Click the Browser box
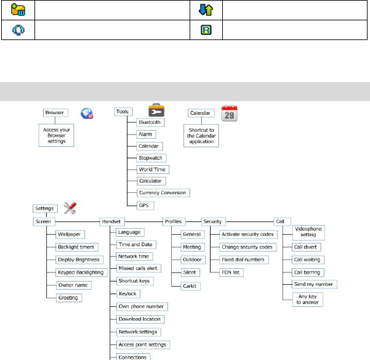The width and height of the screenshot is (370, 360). [54, 113]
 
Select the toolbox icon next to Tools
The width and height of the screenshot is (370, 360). [156, 110]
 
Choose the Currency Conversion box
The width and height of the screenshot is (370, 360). [164, 192]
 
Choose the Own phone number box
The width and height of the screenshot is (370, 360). [142, 306]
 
